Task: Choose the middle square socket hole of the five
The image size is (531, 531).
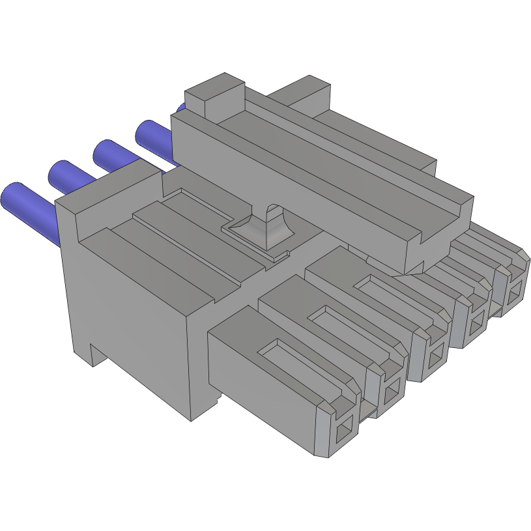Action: pos(435,356)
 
